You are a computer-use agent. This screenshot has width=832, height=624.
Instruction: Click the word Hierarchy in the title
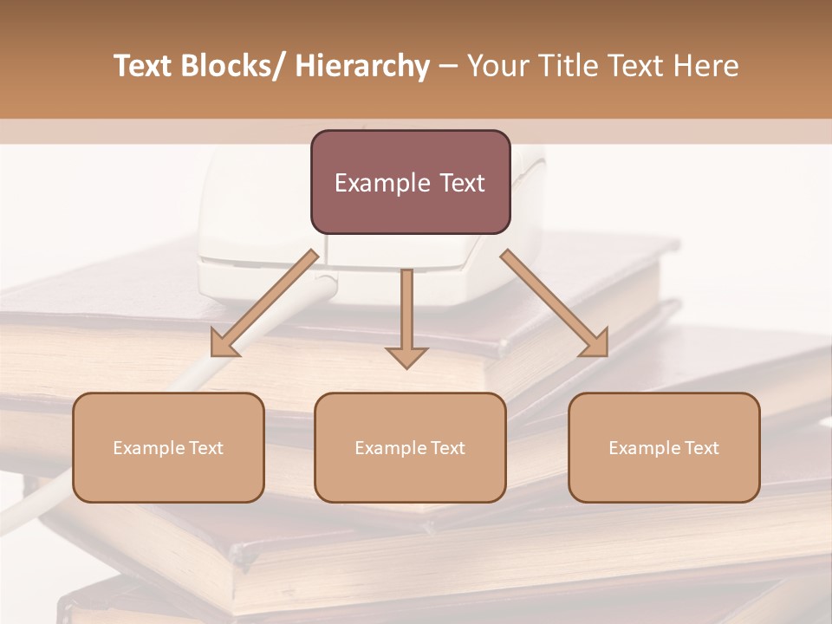pos(362,66)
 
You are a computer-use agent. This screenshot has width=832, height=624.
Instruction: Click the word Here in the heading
pos(707,66)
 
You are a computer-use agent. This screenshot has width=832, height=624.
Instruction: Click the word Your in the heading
pos(498,66)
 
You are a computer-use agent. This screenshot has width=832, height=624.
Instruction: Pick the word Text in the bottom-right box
pos(700,448)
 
